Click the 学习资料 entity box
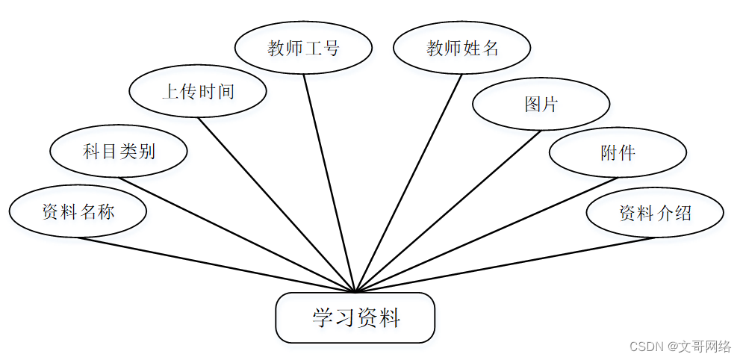click(355, 318)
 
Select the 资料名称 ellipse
click(78, 211)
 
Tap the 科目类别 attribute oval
click(119, 152)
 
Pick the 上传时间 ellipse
click(198, 92)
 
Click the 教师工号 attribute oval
click(303, 48)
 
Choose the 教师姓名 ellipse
click(462, 48)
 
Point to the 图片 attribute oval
click(541, 104)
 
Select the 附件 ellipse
click(618, 152)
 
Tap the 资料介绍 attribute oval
click(655, 213)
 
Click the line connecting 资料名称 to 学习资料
click(217, 264)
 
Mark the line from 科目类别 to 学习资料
click(237, 235)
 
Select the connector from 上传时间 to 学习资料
click(277, 204)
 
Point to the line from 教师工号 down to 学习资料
click(329, 181)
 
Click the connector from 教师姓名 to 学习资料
click(409, 181)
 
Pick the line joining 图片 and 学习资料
click(449, 211)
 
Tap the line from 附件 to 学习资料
click(487, 235)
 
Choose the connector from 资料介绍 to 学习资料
click(506, 264)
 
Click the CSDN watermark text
click(680, 347)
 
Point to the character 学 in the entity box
click(322, 318)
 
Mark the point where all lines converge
click(356, 291)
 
